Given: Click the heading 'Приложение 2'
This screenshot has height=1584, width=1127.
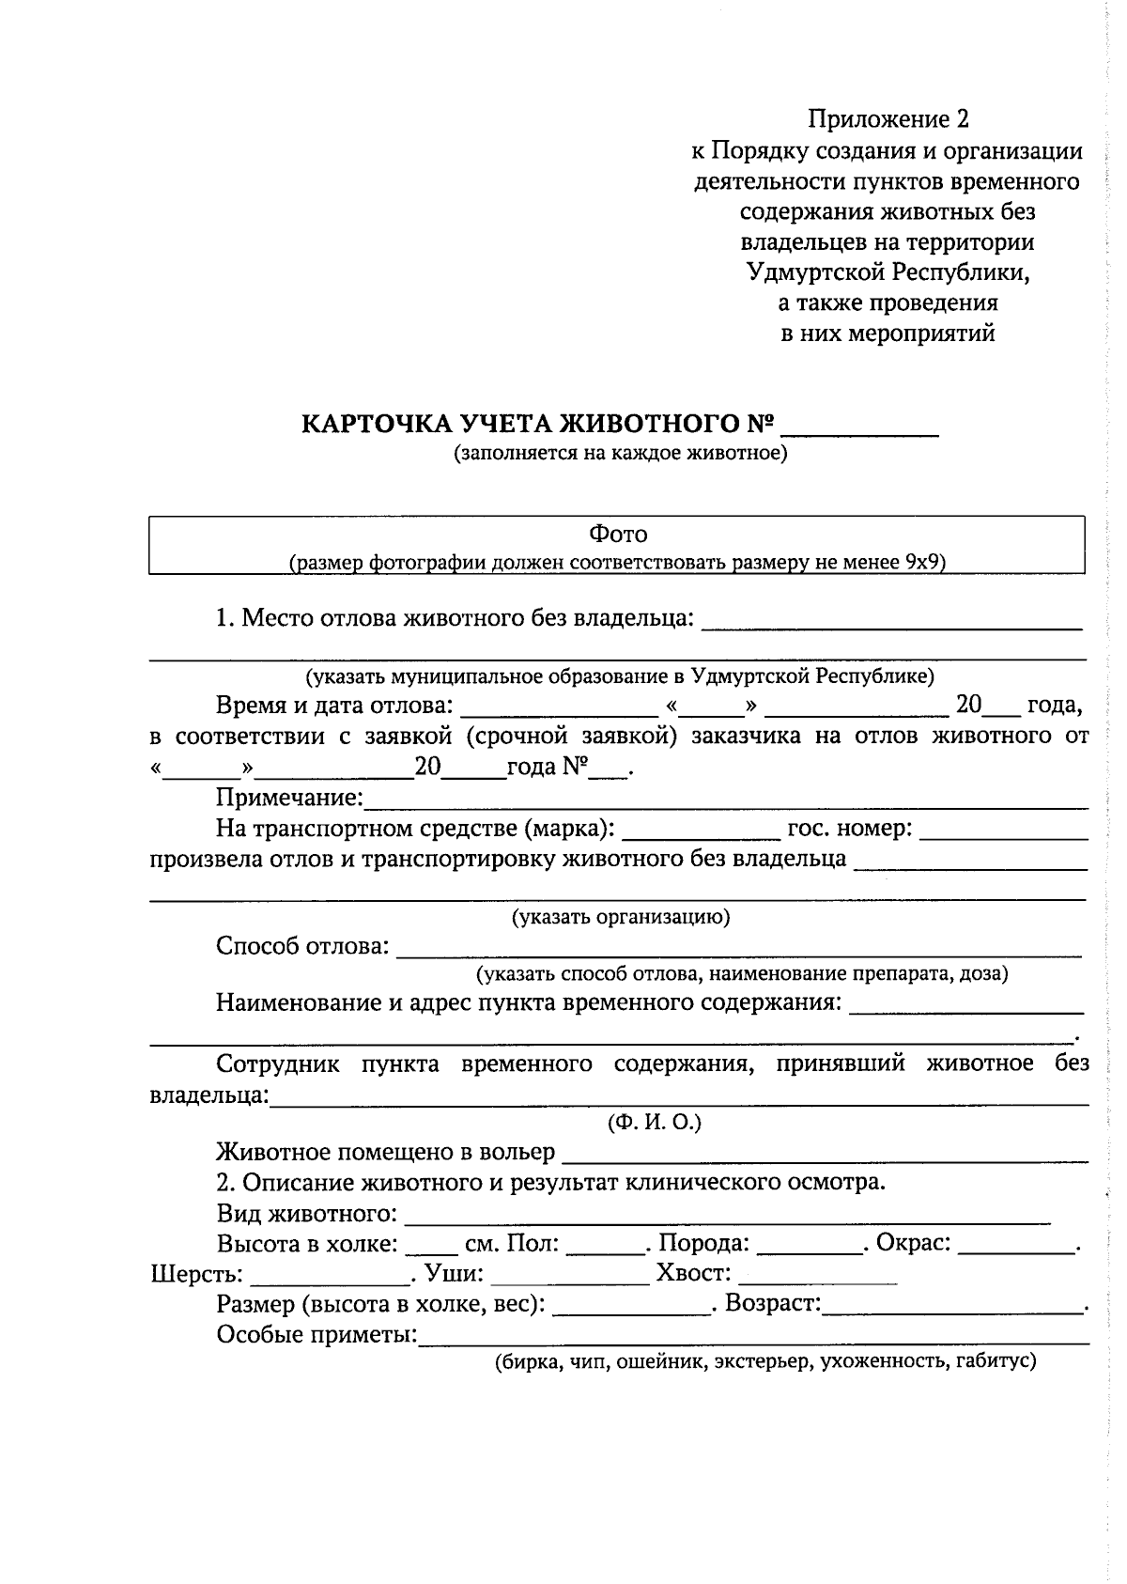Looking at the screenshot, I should tap(888, 119).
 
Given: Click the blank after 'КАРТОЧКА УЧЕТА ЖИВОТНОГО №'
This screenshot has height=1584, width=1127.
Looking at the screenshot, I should tap(859, 427).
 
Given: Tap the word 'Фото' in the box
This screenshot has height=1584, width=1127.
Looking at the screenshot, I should tap(618, 535).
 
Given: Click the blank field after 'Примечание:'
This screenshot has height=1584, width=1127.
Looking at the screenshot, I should tap(725, 800).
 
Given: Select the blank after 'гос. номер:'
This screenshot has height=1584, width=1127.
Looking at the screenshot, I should tap(1003, 831).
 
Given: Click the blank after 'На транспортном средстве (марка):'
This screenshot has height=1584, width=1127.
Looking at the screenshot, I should tap(701, 831).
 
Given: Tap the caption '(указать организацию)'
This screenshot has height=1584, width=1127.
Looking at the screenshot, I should tap(620, 918).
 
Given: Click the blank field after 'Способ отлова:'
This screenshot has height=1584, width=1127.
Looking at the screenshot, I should tap(738, 948).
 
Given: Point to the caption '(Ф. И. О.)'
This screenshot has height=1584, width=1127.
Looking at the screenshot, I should tap(655, 1123).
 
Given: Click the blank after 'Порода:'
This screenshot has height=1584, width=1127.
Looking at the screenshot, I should tap(810, 1246).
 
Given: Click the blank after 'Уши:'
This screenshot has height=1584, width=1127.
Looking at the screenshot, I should tap(569, 1277).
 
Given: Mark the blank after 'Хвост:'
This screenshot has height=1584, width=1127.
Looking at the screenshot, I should tap(817, 1277).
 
